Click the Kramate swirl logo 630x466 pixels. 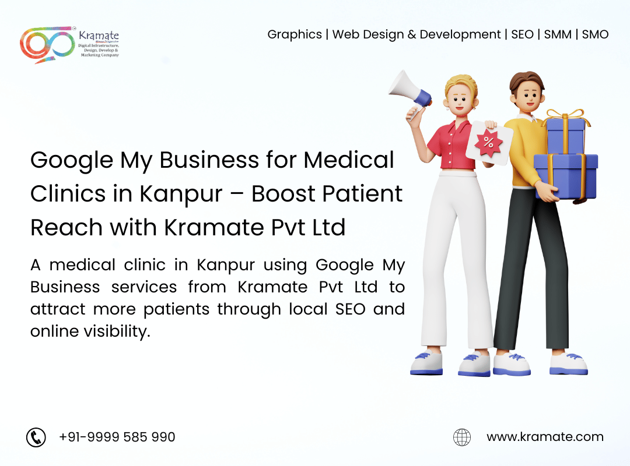[x=47, y=44]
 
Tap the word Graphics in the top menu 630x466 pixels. [x=295, y=35]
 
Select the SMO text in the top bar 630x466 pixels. [x=595, y=34]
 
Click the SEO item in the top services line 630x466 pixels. [x=522, y=34]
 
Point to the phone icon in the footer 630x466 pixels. [x=36, y=437]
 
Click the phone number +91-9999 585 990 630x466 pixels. [x=117, y=437]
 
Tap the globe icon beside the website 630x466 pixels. [x=462, y=437]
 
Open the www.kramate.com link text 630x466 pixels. [x=545, y=437]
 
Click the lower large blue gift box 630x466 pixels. [x=566, y=176]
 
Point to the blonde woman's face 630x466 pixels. [x=460, y=99]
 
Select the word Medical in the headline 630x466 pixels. [x=349, y=160]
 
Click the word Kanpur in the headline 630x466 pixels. [x=181, y=195]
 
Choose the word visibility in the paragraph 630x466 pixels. [x=117, y=331]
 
